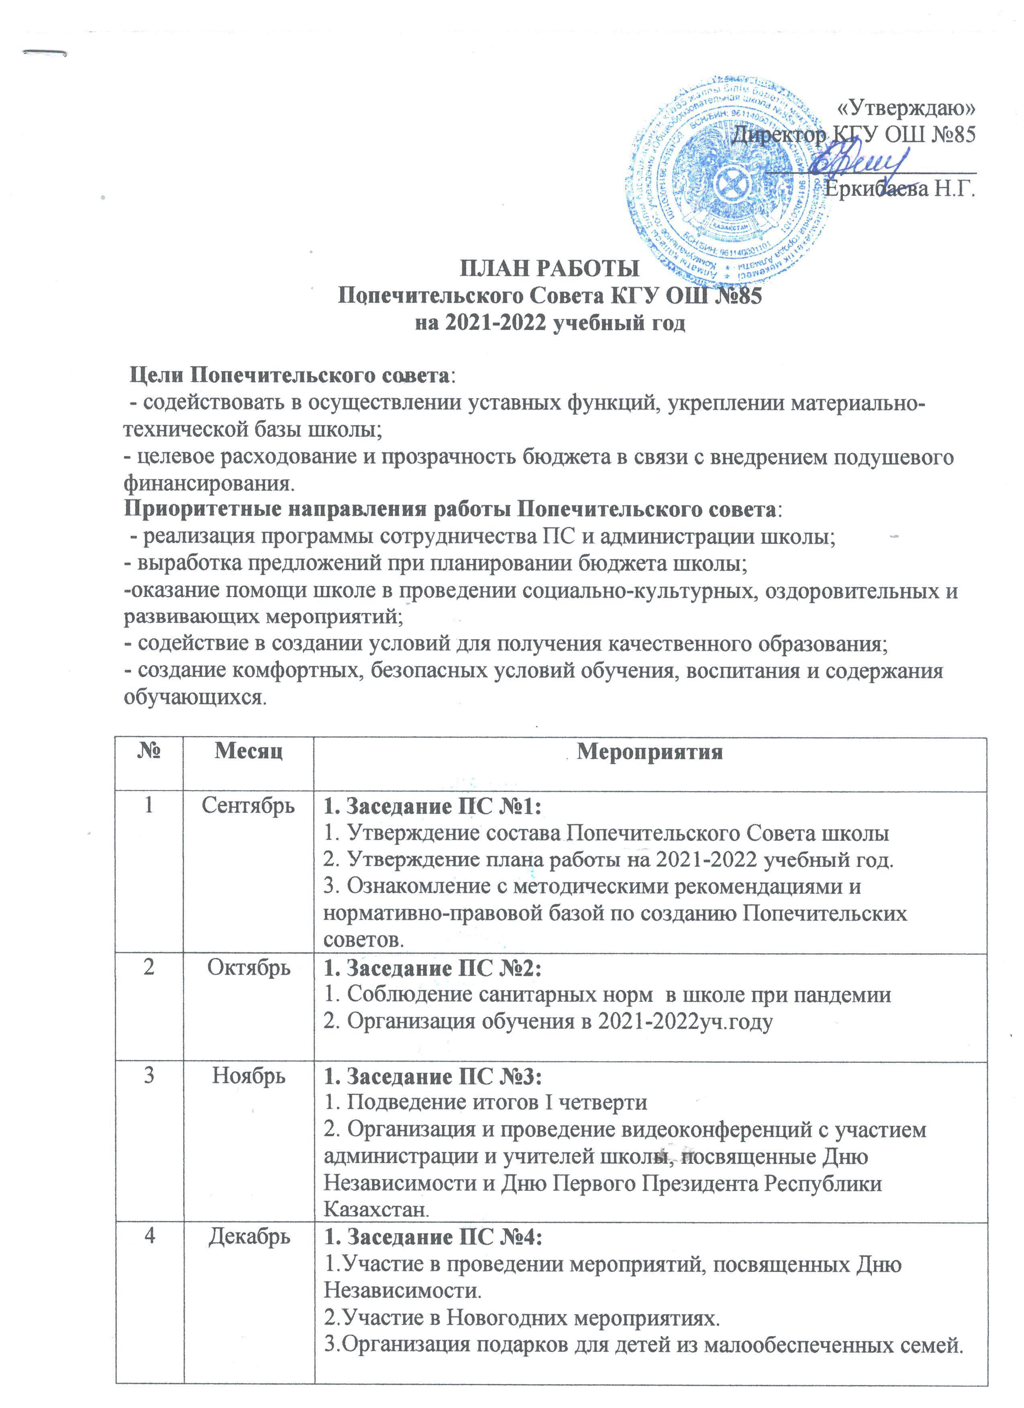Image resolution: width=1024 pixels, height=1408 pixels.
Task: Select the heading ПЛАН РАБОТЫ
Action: click(549, 270)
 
